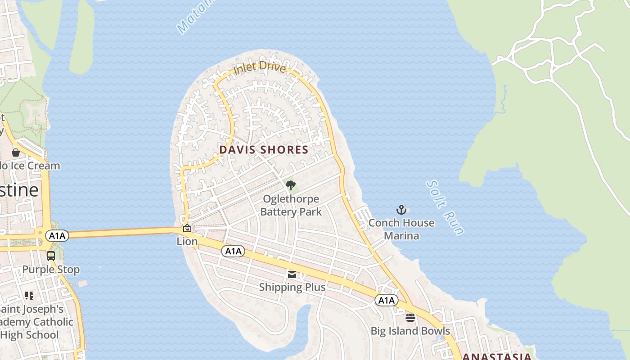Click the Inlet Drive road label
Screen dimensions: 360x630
click(x=260, y=68)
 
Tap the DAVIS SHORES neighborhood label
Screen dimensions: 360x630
click(x=264, y=150)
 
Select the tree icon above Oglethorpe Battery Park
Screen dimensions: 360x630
click(x=291, y=185)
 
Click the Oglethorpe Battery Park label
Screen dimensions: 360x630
click(x=291, y=205)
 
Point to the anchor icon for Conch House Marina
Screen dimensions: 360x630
click(x=401, y=210)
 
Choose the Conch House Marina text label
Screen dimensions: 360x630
click(x=401, y=229)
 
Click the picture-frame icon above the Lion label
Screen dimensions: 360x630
click(x=187, y=229)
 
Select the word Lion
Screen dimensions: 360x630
click(x=187, y=242)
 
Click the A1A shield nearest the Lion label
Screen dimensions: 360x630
click(x=233, y=251)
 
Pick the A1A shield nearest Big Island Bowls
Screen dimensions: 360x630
click(x=387, y=300)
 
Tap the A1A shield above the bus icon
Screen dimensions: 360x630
click(x=57, y=235)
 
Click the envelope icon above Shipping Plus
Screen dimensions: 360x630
click(x=292, y=274)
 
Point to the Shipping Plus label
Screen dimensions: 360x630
click(x=292, y=287)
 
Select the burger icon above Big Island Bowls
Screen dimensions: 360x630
click(x=410, y=318)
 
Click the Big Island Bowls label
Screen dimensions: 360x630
click(x=410, y=331)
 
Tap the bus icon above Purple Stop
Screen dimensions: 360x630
click(x=51, y=256)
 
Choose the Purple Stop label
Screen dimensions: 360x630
click(x=51, y=270)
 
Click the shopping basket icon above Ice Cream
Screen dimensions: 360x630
click(x=16, y=153)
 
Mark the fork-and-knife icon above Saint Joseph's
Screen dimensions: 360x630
click(x=29, y=296)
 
